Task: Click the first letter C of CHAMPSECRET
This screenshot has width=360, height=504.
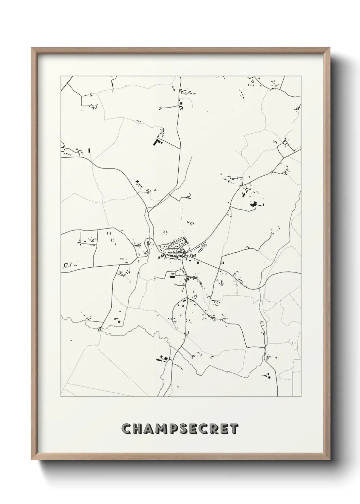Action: [x=127, y=429]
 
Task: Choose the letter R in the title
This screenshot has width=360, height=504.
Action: [x=221, y=429]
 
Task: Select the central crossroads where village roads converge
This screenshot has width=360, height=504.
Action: [x=184, y=254]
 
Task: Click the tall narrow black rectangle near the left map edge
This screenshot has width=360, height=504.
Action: [x=89, y=150]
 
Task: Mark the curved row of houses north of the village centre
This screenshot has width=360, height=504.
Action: [x=177, y=243]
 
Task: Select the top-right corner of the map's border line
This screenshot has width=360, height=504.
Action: [x=301, y=76]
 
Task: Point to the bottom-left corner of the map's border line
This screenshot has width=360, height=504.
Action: [x=61, y=397]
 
